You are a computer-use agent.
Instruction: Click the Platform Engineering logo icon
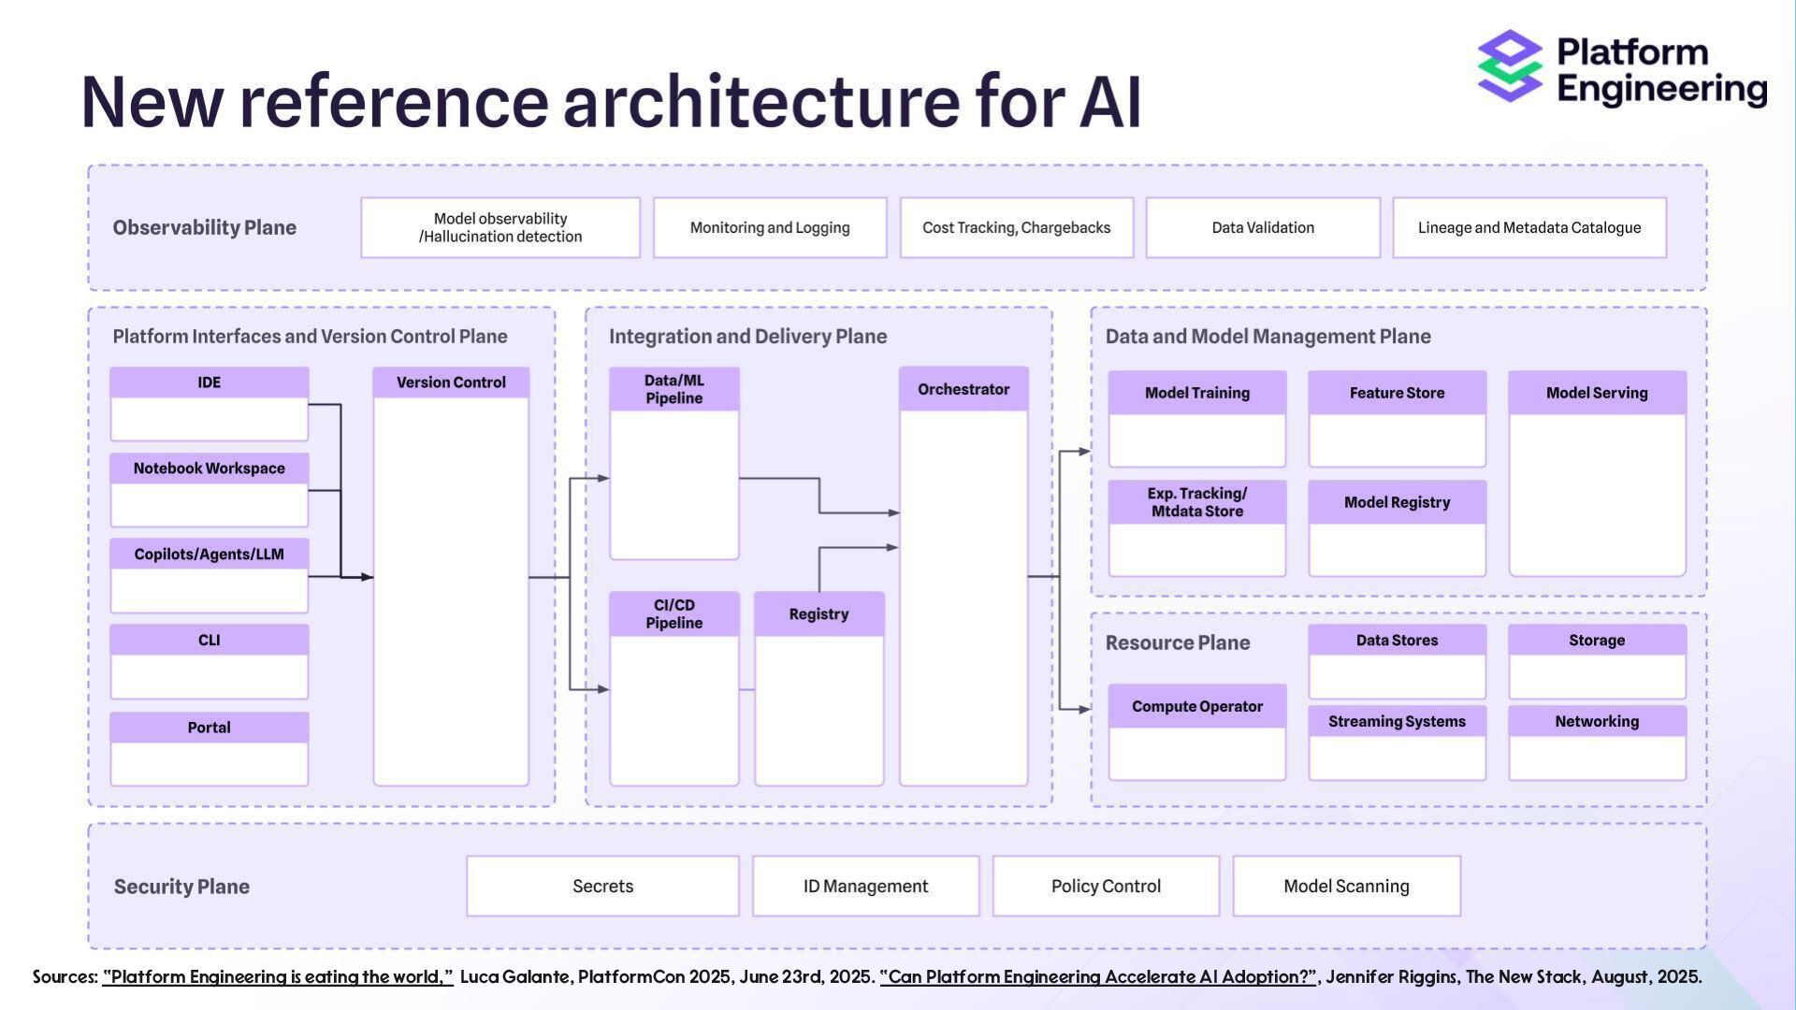[x=1510, y=65]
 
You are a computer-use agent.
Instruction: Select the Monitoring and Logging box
[x=770, y=227]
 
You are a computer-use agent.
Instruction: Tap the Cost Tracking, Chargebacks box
[x=1016, y=227]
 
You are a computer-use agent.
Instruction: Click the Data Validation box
[x=1263, y=227]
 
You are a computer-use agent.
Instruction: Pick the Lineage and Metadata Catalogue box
[x=1528, y=227]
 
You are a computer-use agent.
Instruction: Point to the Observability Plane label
[x=204, y=227]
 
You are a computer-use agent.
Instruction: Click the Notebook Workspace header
[x=209, y=469]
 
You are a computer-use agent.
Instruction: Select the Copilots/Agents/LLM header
[x=209, y=555]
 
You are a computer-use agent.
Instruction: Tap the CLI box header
[x=209, y=641]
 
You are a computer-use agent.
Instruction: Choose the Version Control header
[x=451, y=382]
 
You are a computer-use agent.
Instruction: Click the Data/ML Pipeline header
[x=673, y=389]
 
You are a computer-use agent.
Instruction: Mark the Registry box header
[x=818, y=614]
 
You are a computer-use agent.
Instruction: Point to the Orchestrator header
[x=963, y=389]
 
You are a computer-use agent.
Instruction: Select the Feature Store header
[x=1397, y=393]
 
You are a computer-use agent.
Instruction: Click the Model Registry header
[x=1397, y=502]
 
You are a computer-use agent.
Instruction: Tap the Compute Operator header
[x=1196, y=706]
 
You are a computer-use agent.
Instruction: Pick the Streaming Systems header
[x=1397, y=721]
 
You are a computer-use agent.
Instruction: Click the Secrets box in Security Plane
[x=602, y=886]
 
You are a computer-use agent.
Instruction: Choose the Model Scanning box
[x=1346, y=886]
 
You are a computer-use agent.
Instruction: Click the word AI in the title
[x=1110, y=101]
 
